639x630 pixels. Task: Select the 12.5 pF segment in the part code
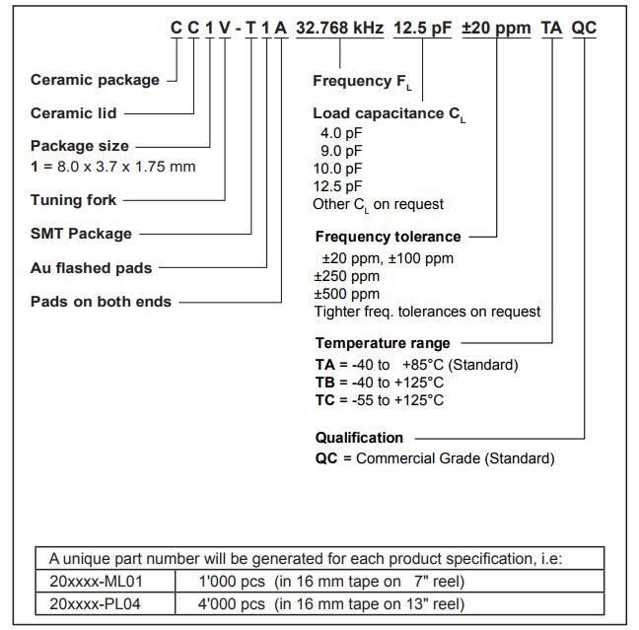tap(422, 29)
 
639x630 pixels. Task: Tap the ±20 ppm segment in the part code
tap(494, 29)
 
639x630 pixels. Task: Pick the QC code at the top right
tap(584, 29)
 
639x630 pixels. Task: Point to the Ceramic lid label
tap(75, 113)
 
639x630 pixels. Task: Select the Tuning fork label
tap(74, 200)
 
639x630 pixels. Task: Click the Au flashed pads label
tap(92, 267)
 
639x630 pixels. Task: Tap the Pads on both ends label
tap(101, 302)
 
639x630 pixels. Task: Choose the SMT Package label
tap(81, 234)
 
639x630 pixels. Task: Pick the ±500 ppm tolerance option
tap(346, 294)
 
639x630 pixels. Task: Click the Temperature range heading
tap(383, 343)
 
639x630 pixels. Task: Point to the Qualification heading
tap(359, 437)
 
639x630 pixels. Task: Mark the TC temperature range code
tap(324, 400)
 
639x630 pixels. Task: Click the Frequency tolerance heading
tap(388, 237)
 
